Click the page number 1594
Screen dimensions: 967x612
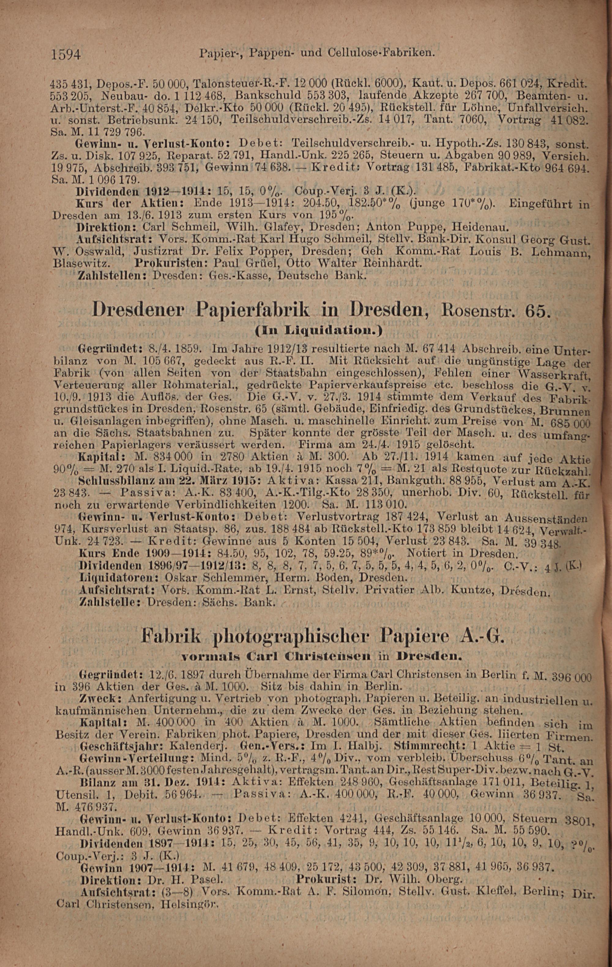click(66, 54)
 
